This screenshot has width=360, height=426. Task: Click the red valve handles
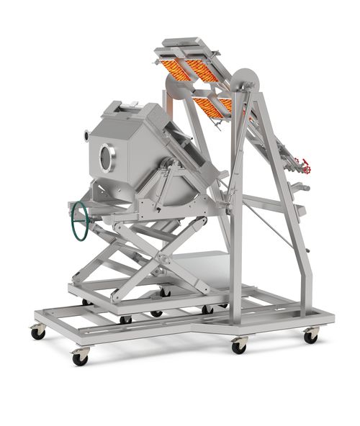coord(306,167)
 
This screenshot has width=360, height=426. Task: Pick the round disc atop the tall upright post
coord(246,81)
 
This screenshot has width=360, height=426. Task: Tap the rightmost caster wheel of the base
coord(311,335)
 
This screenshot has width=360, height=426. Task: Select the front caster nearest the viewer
coord(80,356)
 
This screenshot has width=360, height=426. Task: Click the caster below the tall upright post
coord(239,345)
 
